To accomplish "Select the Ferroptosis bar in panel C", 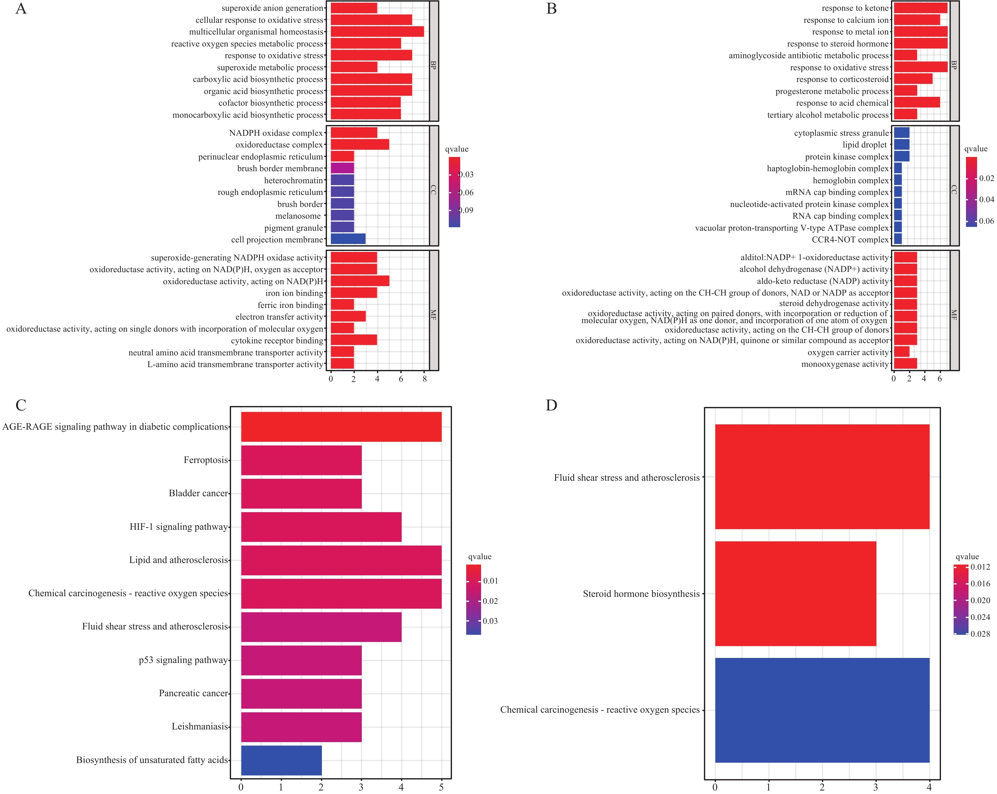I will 301,460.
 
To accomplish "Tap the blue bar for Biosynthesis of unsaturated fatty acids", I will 281,760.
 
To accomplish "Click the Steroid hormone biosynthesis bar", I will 795,593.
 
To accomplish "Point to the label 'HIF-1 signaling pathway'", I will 179,527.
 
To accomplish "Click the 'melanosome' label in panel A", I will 298,216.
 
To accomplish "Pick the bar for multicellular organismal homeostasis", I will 377,31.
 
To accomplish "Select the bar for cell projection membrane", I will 348,239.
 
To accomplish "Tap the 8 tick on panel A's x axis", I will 424,379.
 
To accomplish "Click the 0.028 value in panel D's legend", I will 980,634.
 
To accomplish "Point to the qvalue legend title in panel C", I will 480,556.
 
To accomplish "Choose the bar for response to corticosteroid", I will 913,79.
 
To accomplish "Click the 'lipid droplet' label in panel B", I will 864,145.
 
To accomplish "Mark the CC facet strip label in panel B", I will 954,190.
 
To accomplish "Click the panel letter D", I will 551,405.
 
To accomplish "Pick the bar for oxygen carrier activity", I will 901,352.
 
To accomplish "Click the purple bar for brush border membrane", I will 342,168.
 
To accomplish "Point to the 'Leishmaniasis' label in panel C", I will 200,727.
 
